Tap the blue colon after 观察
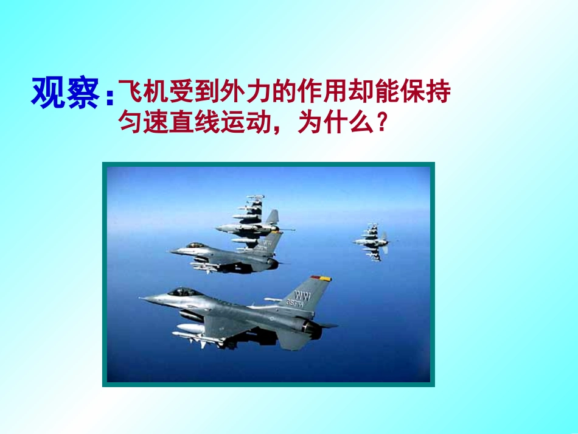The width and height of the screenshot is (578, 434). coord(110,98)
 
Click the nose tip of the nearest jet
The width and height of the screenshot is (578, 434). coord(141,298)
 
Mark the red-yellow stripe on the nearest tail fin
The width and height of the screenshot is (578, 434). coord(320,278)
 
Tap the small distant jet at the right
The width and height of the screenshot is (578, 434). coord(371,242)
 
